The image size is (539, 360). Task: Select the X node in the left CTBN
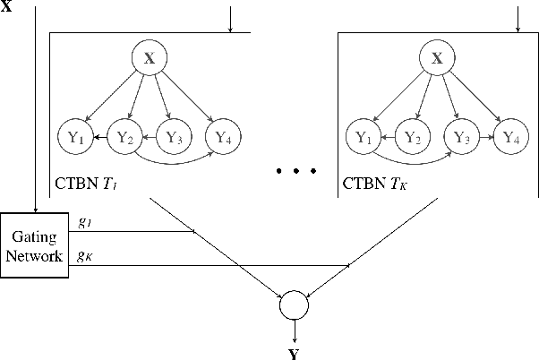[149, 59]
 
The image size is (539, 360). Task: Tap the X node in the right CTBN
[437, 59]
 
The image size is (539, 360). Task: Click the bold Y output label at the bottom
[294, 352]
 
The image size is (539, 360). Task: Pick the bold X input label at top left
[8, 7]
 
